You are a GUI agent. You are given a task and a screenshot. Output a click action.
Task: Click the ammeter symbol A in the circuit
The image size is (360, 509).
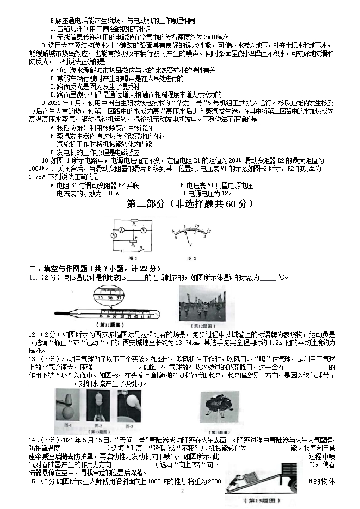click(x=123, y=231)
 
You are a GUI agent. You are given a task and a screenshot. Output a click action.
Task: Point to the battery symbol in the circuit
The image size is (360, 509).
click(x=129, y=250)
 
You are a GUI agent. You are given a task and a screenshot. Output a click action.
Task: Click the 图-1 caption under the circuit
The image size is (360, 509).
click(x=133, y=258)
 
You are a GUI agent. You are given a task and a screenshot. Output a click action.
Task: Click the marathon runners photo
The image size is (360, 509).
click(x=202, y=302)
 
